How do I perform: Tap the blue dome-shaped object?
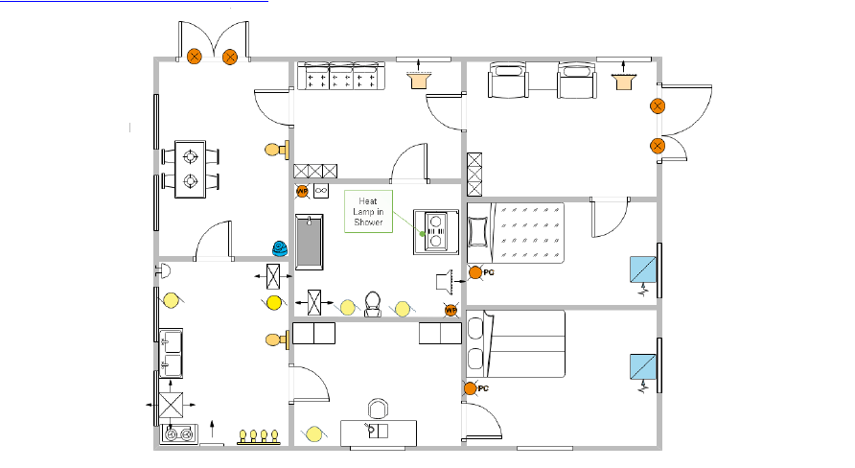pyautogui.click(x=279, y=247)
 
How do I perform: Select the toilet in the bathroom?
pyautogui.click(x=374, y=303)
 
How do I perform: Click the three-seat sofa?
pyautogui.click(x=340, y=77)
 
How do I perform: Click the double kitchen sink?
pyautogui.click(x=173, y=352)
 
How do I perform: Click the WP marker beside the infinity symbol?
pyautogui.click(x=302, y=191)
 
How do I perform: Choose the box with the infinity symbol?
pyautogui.click(x=321, y=191)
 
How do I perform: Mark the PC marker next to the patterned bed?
pyautogui.click(x=475, y=273)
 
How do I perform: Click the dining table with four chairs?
pyautogui.click(x=191, y=168)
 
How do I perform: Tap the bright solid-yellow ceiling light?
pyautogui.click(x=273, y=303)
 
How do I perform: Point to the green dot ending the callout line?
pyautogui.click(x=421, y=233)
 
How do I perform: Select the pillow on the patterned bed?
pyautogui.click(x=477, y=231)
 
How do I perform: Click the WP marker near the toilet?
pyautogui.click(x=451, y=310)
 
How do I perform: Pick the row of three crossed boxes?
pyautogui.click(x=315, y=171)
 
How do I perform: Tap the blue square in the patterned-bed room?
pyautogui.click(x=641, y=269)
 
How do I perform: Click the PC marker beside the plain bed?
pyautogui.click(x=471, y=388)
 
